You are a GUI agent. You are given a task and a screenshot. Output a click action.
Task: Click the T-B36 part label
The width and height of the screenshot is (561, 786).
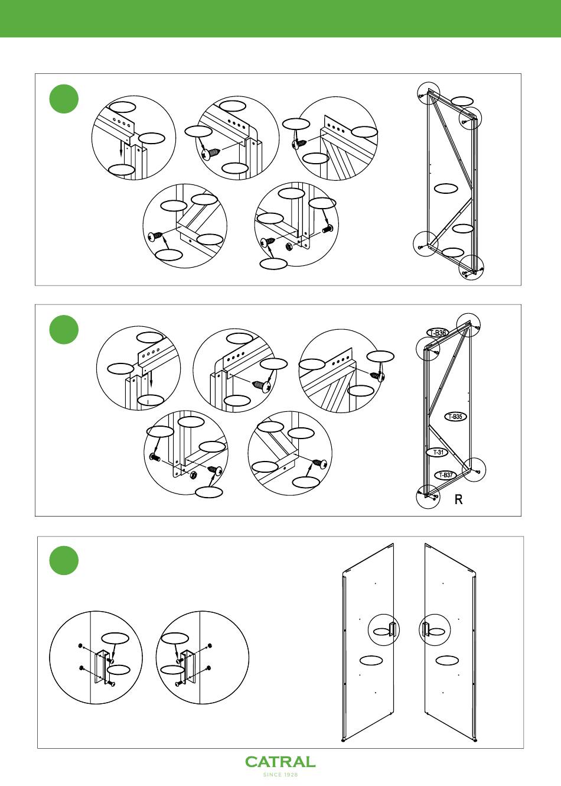pyautogui.click(x=438, y=333)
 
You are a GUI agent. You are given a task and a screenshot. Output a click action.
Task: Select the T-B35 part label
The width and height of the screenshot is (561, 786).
pyautogui.click(x=455, y=417)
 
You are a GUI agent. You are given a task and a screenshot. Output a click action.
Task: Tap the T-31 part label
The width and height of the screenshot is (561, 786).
pyautogui.click(x=438, y=452)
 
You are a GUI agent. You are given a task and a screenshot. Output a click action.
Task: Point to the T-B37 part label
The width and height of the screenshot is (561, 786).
pyautogui.click(x=446, y=475)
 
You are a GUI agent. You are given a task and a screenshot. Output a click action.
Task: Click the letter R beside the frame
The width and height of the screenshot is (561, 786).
pyautogui.click(x=459, y=499)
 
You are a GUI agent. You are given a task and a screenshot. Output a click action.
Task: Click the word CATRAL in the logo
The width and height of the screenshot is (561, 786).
pyautogui.click(x=280, y=762)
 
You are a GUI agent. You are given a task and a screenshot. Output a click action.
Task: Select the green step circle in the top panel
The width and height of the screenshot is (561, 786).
pyautogui.click(x=64, y=99)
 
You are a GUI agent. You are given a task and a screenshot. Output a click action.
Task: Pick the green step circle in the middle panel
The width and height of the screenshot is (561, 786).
pyautogui.click(x=64, y=330)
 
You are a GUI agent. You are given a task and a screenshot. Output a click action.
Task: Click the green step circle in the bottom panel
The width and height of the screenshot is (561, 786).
pyautogui.click(x=64, y=560)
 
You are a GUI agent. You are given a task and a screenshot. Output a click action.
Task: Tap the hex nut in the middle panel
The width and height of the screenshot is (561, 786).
pyautogui.click(x=193, y=476)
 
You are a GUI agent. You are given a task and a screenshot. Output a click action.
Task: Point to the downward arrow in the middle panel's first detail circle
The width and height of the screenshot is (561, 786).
pyautogui.click(x=151, y=378)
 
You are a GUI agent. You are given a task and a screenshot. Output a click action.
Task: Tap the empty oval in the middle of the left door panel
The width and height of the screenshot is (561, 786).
pyautogui.click(x=371, y=660)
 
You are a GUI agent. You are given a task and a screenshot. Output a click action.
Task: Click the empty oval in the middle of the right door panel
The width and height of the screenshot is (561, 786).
pyautogui.click(x=447, y=660)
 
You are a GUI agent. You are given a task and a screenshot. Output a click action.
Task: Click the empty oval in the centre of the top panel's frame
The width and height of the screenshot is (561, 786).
pyautogui.click(x=446, y=189)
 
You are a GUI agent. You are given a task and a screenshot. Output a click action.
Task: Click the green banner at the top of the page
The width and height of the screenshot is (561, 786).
pyautogui.click(x=280, y=18)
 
